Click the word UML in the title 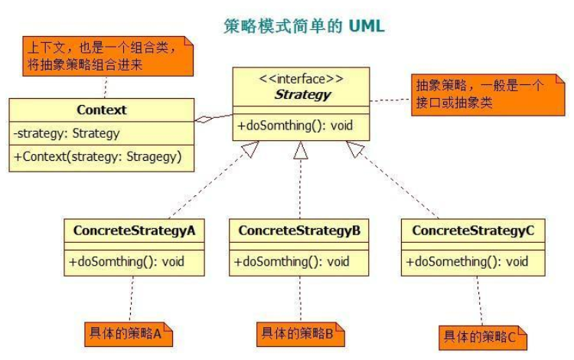pos(367,26)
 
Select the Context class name pos(101,110)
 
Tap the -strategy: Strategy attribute pos(67,133)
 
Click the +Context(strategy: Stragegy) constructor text pos(98,157)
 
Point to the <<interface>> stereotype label pos(301,79)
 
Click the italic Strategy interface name pos(303,94)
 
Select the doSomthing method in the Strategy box pos(295,126)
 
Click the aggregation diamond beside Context pos(204,119)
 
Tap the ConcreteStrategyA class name pos(135,231)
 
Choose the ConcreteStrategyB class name pos(299,231)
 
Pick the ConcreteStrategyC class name pos(473,231)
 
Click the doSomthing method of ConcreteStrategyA pos(126,262)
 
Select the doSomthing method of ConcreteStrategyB pos(292,262)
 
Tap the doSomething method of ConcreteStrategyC pos(467,262)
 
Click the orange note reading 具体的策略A pos(129,335)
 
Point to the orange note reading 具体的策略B pos(301,335)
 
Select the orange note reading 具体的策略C pos(483,338)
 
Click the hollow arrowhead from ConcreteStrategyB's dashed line pos(301,150)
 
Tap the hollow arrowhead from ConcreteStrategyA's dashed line pos(251,149)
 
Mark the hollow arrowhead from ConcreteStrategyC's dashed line pos(354,149)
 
